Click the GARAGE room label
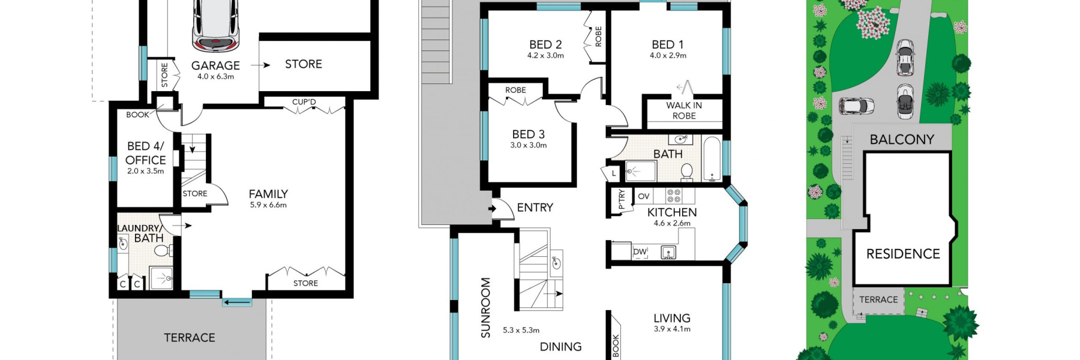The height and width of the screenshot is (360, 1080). tap(215, 65)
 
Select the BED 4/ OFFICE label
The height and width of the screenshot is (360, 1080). tap(145, 153)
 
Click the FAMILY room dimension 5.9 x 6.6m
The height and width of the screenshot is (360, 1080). tap(268, 205)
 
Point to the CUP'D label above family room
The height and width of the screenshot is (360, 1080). tap(304, 102)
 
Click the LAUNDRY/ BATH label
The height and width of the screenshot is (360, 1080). tap(140, 233)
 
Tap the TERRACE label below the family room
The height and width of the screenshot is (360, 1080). tap(190, 338)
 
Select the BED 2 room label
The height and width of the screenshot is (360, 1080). tap(545, 44)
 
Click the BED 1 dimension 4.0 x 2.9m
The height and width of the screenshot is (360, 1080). tap(668, 55)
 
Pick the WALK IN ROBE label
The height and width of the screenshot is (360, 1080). tap(684, 110)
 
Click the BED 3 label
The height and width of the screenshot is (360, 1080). tap(528, 134)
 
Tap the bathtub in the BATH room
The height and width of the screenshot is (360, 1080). tap(712, 159)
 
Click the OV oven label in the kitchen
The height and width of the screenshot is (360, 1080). tap(644, 196)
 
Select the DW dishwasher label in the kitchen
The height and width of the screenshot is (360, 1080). tap(640, 252)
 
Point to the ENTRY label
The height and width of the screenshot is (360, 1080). tap(535, 208)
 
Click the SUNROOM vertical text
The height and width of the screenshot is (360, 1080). tap(485, 307)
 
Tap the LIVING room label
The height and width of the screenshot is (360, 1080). tap(671, 318)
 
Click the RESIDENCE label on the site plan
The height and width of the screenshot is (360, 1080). tap(903, 254)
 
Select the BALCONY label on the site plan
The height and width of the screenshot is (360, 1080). tap(902, 139)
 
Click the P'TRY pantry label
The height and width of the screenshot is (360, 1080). tap(622, 199)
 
